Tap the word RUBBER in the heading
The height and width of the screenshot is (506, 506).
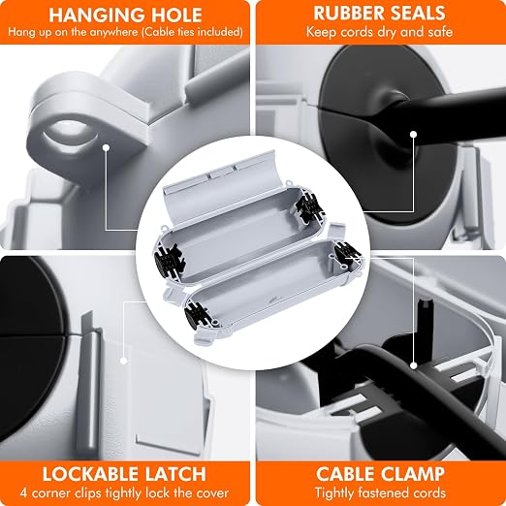click(349, 13)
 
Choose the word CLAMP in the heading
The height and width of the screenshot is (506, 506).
click(413, 474)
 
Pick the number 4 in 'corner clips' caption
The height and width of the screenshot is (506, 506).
click(23, 493)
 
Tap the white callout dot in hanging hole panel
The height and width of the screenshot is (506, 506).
click(106, 147)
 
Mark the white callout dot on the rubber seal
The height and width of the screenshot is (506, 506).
click(413, 134)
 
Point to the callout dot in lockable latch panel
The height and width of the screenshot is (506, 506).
click(123, 361)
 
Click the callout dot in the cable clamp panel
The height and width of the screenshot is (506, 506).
click(414, 365)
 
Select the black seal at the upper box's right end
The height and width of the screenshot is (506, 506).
click(309, 206)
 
